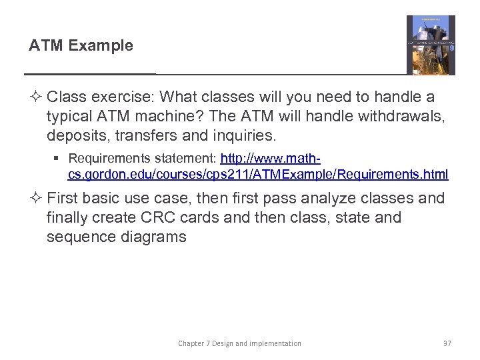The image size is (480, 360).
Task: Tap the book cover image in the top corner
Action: [x=431, y=45]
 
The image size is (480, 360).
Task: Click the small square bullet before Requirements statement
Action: [x=61, y=159]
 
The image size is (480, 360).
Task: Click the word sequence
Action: [x=78, y=237]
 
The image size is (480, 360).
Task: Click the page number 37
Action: [x=447, y=343]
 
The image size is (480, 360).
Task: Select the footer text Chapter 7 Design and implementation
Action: [x=239, y=343]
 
